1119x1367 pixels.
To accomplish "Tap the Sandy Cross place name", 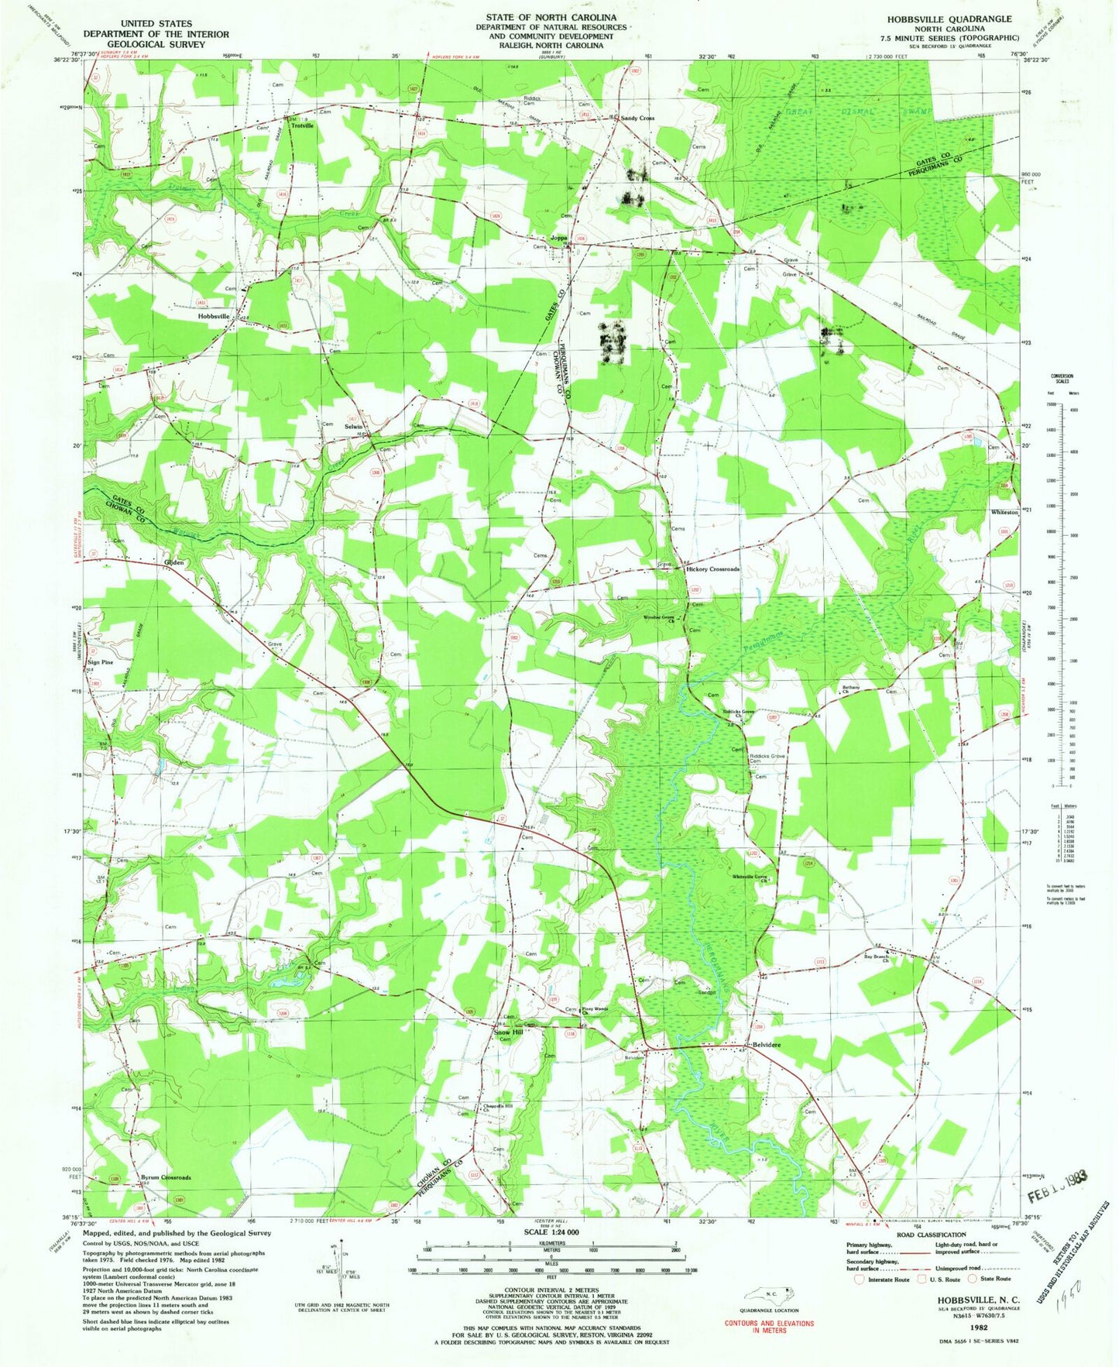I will coord(637,118).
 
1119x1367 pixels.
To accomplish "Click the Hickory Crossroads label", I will coord(713,569).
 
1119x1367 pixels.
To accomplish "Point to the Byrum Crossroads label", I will coord(165,1177).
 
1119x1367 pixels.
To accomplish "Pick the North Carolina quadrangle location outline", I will coord(767,1293).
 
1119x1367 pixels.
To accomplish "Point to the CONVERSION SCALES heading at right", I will coord(1062,378).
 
